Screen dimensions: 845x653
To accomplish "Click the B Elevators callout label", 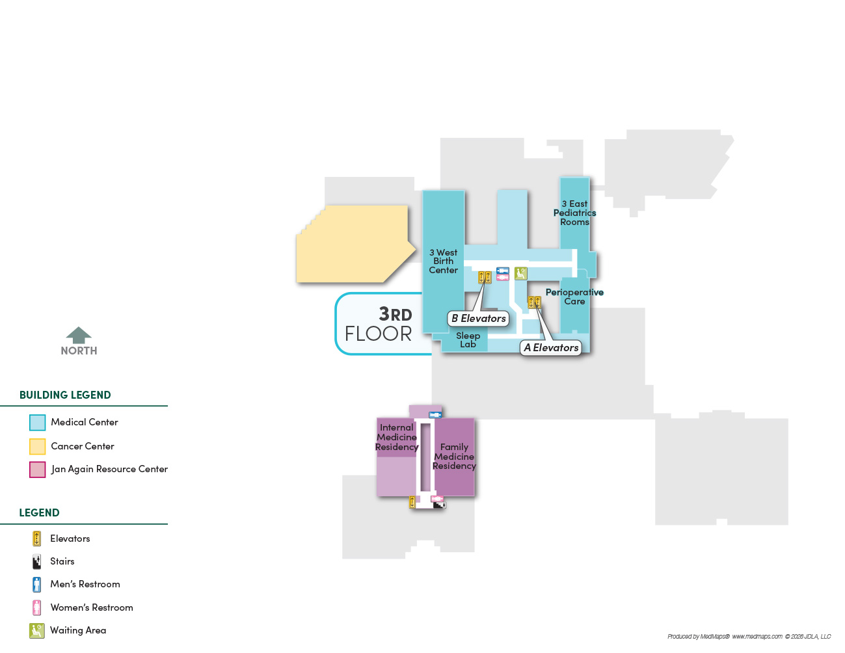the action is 478,318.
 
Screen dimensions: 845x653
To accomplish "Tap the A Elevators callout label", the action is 550,347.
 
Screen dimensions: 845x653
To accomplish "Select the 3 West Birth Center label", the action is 443,261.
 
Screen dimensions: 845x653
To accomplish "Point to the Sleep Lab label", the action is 468,340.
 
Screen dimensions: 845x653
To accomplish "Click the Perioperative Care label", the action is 574,297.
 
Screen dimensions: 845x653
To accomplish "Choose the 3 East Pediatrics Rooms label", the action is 574,213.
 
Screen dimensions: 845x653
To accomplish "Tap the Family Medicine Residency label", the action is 454,457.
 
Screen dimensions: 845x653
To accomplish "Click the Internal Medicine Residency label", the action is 397,437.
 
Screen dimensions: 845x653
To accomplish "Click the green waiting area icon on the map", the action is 520,273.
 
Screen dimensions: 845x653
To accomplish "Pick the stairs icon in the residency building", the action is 440,505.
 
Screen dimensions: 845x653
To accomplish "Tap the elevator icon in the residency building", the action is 412,502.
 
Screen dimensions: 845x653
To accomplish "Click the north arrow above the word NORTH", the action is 79,335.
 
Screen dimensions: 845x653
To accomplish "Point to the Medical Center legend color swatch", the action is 37,423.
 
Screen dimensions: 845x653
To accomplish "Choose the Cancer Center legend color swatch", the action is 37,446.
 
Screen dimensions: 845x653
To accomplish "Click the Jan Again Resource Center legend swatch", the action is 37,470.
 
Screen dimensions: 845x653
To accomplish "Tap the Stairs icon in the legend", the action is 36,562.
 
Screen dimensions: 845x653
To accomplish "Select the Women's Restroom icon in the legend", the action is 36,607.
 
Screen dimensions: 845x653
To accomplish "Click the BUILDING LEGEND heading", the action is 65,395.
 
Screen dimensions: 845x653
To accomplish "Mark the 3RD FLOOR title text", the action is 379,324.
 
